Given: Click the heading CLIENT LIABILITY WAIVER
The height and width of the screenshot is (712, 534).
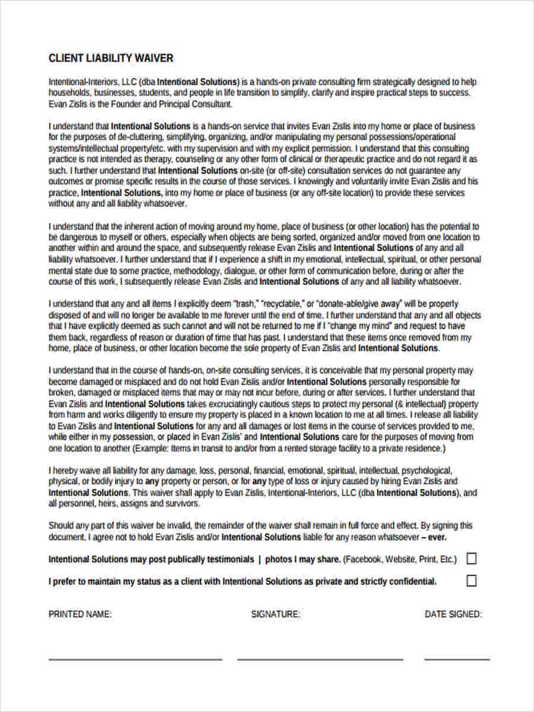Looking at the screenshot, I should [x=111, y=58].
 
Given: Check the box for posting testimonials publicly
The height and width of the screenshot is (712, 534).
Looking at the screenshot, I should [x=471, y=558].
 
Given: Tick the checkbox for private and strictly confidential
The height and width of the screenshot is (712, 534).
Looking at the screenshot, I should [x=471, y=581].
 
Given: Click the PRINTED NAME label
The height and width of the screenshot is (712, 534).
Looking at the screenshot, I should [x=80, y=615].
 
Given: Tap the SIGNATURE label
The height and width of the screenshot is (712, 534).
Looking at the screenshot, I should [x=275, y=615].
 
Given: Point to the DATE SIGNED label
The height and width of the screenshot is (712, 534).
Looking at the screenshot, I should [x=453, y=615].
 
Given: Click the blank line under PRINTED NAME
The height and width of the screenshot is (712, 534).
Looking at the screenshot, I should [x=135, y=659].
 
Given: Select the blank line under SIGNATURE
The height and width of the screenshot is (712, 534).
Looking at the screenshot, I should [x=320, y=659].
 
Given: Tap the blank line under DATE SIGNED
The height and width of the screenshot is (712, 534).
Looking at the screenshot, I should [x=457, y=659].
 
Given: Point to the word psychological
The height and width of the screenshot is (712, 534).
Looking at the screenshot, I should [x=433, y=471].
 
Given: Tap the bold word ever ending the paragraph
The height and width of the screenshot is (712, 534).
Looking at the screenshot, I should [x=437, y=537].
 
